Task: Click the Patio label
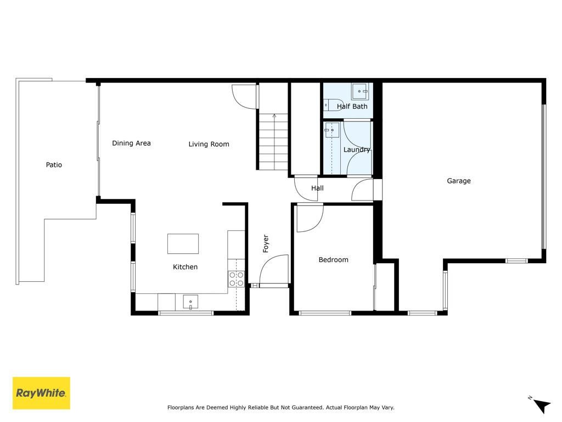click(54, 165)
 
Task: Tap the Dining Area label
click(131, 143)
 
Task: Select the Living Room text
click(209, 145)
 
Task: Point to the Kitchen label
click(185, 267)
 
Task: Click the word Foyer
click(266, 243)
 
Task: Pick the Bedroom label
click(333, 260)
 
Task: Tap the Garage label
click(459, 181)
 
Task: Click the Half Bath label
click(352, 107)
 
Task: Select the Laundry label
click(357, 149)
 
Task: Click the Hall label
click(317, 188)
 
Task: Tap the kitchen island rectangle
click(183, 243)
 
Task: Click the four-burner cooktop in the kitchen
click(236, 279)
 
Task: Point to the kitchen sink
click(190, 302)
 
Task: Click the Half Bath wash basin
click(359, 91)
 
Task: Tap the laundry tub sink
click(332, 130)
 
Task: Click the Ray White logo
click(41, 393)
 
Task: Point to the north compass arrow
click(542, 406)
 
